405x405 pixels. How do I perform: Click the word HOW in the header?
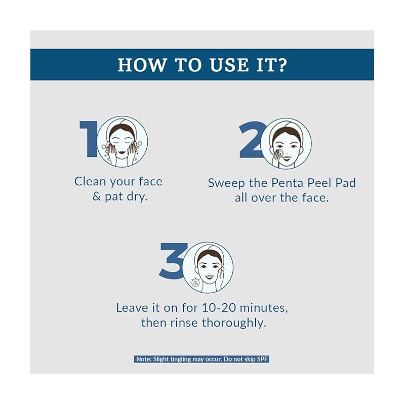(141, 65)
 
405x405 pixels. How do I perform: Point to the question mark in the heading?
(282, 65)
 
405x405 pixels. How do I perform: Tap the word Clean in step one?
(90, 181)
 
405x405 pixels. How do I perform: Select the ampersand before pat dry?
(97, 196)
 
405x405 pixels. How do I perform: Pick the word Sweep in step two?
(226, 183)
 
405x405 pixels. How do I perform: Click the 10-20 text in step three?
(219, 308)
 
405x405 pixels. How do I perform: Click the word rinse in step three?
(184, 323)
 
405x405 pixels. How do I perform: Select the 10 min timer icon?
(195, 282)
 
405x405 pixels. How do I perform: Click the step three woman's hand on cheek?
(220, 279)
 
